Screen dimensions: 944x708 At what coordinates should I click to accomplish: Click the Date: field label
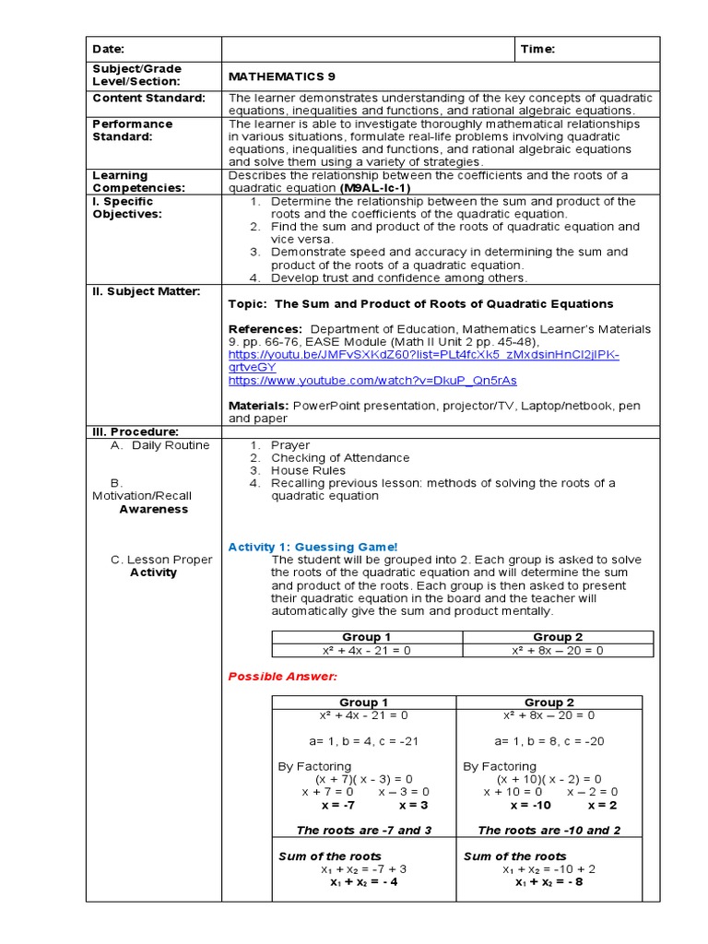pos(108,49)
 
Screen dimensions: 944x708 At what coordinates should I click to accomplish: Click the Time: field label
pos(538,49)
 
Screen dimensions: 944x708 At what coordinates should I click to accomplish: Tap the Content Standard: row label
pos(148,98)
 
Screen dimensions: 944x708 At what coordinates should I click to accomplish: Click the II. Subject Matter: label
pos(146,291)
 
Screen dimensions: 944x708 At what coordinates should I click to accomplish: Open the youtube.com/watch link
pos(372,380)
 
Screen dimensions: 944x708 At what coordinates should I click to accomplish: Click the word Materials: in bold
pos(259,406)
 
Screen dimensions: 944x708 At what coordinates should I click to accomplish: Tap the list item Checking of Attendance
pos(340,457)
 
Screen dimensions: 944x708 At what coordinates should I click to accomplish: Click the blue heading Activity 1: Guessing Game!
pos(313,547)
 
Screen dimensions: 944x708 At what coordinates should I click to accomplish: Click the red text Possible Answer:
pos(270,676)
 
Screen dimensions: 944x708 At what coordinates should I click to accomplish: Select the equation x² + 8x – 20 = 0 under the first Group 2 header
pos(557,650)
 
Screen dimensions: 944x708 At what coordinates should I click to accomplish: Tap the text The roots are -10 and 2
pos(549,830)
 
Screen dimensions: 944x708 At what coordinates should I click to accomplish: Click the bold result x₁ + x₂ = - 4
pos(363,881)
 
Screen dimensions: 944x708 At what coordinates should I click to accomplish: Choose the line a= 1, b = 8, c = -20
pos(549,740)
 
